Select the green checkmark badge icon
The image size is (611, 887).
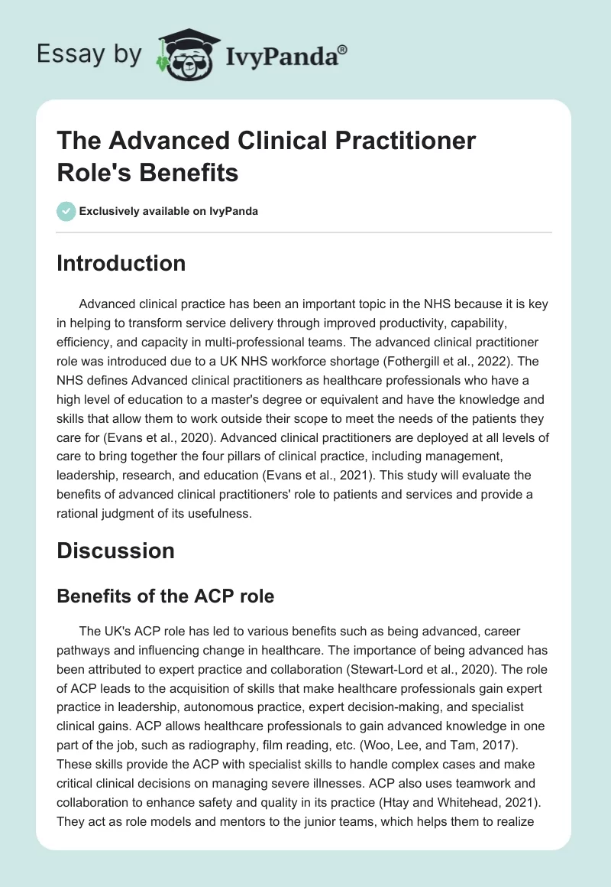pyautogui.click(x=66, y=211)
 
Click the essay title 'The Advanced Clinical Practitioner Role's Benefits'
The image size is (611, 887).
pyautogui.click(x=267, y=157)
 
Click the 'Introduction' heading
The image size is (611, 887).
pyautogui.click(x=121, y=264)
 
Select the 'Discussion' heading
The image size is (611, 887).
pyautogui.click(x=116, y=551)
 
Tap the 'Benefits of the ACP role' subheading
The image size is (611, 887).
pyautogui.click(x=165, y=597)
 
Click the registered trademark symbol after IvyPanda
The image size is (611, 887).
pyautogui.click(x=343, y=49)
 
